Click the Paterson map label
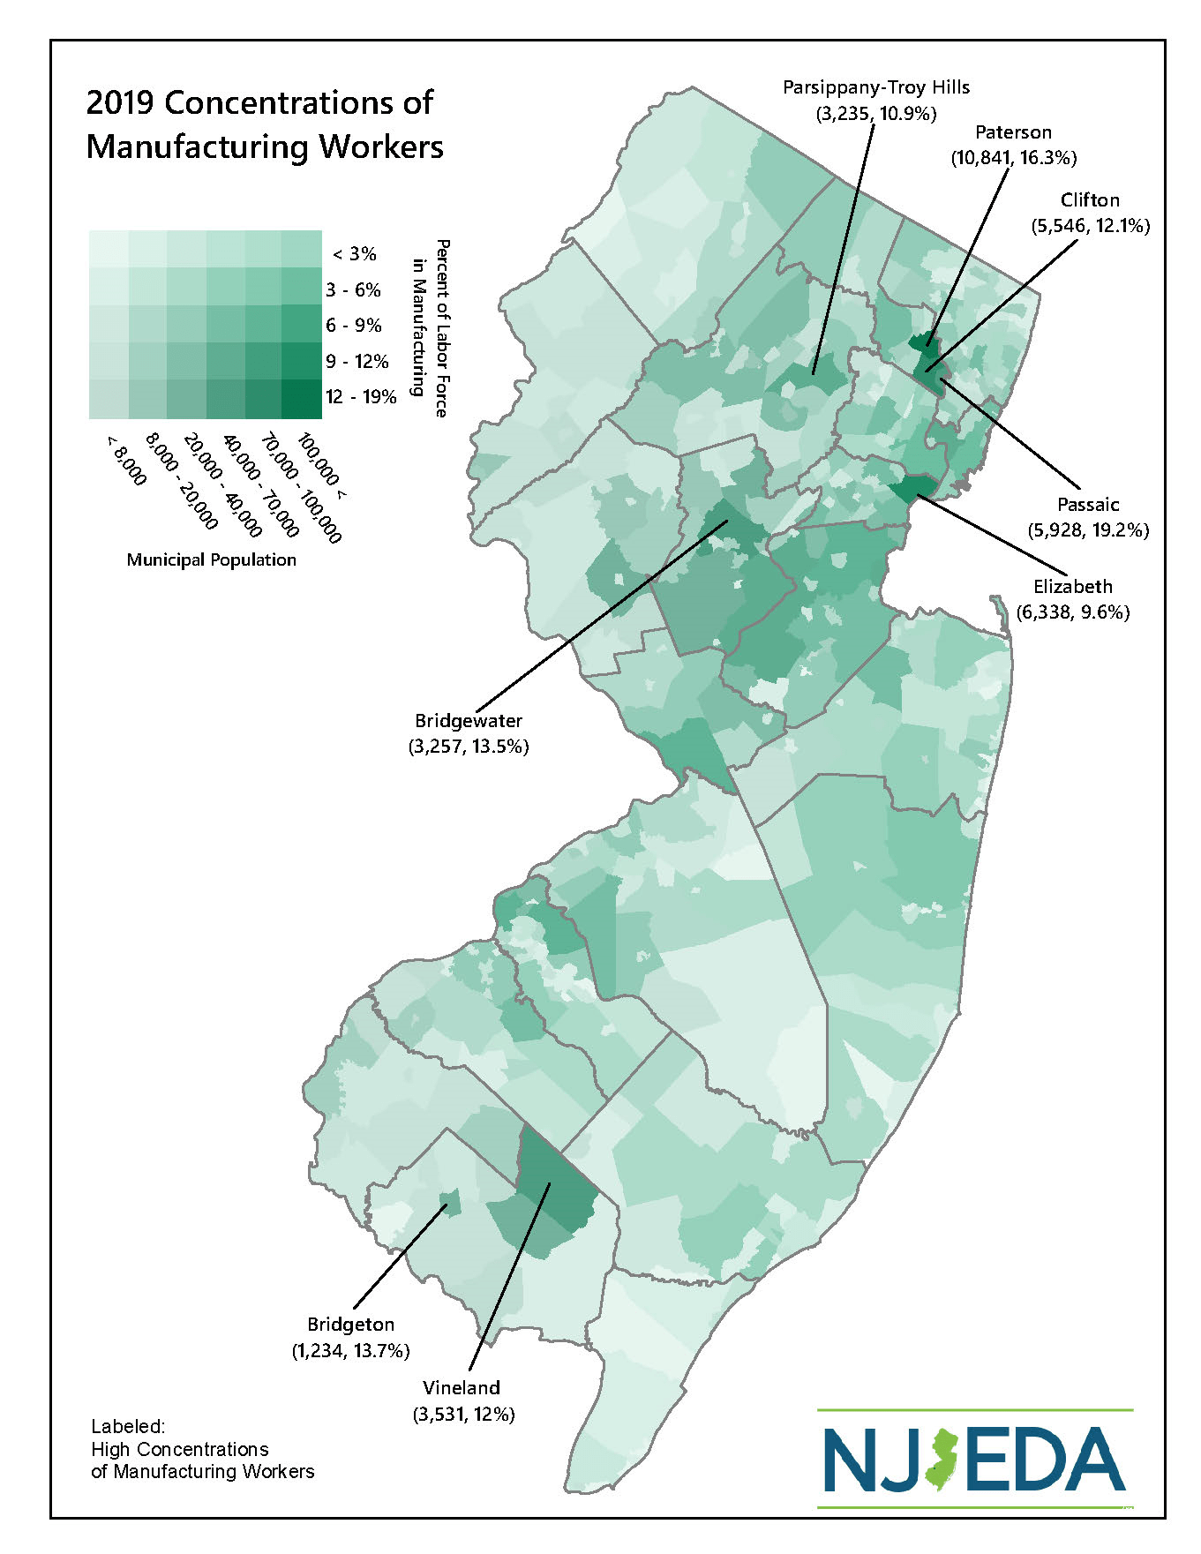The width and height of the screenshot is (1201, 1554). pyautogui.click(x=1013, y=133)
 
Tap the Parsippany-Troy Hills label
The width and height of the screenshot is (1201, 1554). pyautogui.click(x=876, y=88)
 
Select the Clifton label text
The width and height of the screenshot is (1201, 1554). pyautogui.click(x=1090, y=200)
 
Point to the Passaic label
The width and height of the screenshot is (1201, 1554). pyautogui.click(x=1088, y=505)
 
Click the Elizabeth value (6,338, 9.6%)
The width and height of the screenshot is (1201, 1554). pyautogui.click(x=1073, y=612)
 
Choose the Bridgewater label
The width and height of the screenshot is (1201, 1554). pyautogui.click(x=469, y=721)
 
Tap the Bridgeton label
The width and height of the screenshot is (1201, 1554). pyautogui.click(x=350, y=1325)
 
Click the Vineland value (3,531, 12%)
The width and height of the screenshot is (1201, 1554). pyautogui.click(x=463, y=1414)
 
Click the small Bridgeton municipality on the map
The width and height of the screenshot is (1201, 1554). pyautogui.click(x=450, y=1202)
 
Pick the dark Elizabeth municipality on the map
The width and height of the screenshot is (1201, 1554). pyautogui.click(x=912, y=486)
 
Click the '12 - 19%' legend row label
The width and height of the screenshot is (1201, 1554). pyautogui.click(x=361, y=397)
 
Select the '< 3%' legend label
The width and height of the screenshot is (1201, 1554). pyautogui.click(x=355, y=255)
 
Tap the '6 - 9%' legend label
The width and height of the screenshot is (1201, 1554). pyautogui.click(x=354, y=326)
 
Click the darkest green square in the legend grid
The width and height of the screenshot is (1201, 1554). pyautogui.click(x=302, y=399)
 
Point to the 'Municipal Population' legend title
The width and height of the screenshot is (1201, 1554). pyautogui.click(x=211, y=560)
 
